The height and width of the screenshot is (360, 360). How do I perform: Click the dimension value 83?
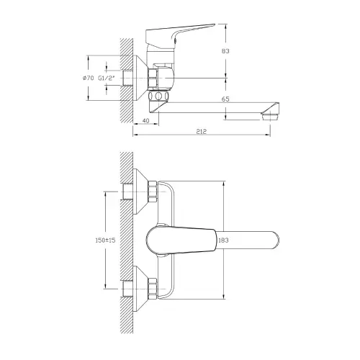click(225, 51)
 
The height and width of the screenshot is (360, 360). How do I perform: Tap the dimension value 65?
click(225, 99)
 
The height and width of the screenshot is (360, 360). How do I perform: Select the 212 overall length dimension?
click(202, 131)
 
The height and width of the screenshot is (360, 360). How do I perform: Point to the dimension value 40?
click(145, 120)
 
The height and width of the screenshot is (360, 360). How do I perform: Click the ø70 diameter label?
click(88, 78)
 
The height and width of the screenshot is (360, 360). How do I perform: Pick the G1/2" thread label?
click(107, 78)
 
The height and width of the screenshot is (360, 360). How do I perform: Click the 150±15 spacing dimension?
click(105, 240)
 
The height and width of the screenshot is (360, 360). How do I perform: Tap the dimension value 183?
click(223, 240)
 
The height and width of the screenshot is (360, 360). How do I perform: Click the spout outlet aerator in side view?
click(270, 117)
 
